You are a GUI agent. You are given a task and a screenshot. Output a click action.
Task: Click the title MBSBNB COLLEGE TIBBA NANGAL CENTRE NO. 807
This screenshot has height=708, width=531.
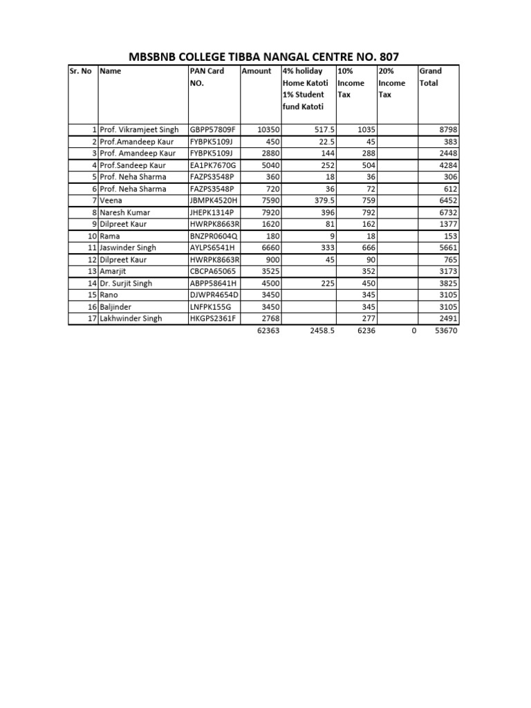coord(265,57)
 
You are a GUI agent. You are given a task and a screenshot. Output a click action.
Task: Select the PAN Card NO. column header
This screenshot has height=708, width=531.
coord(207,77)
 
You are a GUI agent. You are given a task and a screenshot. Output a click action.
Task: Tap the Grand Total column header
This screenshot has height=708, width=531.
coord(430,77)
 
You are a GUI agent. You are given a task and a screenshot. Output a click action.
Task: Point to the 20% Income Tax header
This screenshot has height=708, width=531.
coord(391,83)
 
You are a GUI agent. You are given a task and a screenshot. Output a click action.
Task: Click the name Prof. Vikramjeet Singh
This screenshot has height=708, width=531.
coord(139,129)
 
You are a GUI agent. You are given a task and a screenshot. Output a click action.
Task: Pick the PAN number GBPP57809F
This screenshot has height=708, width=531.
coord(213,129)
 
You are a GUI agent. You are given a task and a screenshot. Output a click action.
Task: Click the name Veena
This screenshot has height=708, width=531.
coord(111,201)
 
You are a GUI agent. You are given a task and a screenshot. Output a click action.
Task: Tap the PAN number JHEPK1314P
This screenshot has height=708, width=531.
coord(213,212)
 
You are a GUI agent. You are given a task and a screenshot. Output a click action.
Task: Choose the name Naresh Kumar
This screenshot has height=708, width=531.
coord(125,212)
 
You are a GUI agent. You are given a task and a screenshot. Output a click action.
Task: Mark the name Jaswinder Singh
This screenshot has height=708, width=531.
coord(128,248)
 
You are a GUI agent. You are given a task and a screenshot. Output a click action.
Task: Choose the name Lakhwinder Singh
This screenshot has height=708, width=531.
coord(131,319)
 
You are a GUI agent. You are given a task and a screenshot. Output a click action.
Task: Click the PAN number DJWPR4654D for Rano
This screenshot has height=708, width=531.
coord(214,295)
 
